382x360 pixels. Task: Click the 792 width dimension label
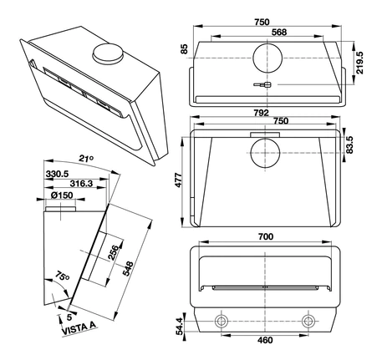pos(261,113)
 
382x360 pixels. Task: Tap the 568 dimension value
pos(279,33)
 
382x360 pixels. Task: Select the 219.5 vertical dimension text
pos(359,63)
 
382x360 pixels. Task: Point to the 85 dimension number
pos(184,49)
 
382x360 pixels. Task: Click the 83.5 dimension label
pos(349,145)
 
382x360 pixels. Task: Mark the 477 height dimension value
pos(178,180)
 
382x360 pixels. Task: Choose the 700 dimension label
pos(266,236)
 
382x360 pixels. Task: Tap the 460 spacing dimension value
pos(265,340)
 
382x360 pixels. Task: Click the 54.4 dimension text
pos(180,326)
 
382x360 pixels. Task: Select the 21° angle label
pos(86,159)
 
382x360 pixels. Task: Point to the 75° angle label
pos(62,276)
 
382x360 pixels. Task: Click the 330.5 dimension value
pos(57,175)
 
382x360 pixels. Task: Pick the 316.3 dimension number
pos(81,184)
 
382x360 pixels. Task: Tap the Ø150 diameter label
pos(62,195)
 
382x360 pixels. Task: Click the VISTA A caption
pos(79,328)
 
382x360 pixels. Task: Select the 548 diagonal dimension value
pos(128,269)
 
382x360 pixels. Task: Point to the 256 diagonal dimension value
pos(113,252)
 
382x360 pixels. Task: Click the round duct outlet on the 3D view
pos(108,53)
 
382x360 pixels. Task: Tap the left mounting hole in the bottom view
pos(222,322)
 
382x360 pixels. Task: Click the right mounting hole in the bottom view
pos(308,322)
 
